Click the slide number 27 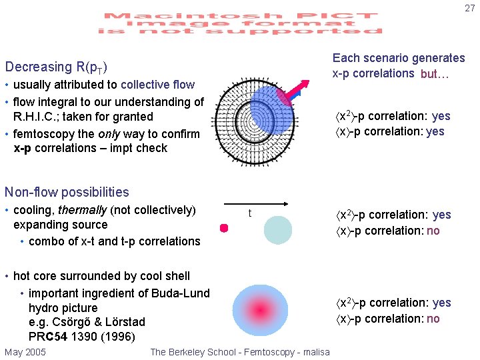click(x=469, y=8)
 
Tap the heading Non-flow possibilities click(x=67, y=192)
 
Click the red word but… click(x=435, y=74)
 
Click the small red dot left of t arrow click(x=224, y=228)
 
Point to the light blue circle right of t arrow click(x=277, y=230)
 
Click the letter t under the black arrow click(x=250, y=213)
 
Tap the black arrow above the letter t click(x=255, y=204)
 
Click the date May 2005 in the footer click(x=25, y=352)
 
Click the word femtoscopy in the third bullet click(x=45, y=133)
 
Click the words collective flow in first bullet click(x=157, y=85)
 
